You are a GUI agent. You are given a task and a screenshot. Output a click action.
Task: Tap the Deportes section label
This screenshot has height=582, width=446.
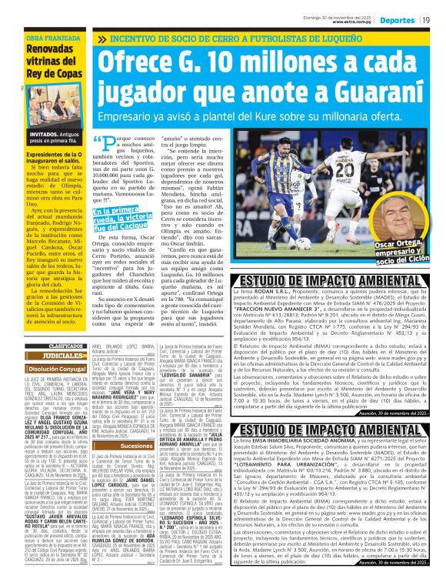[x=398, y=18]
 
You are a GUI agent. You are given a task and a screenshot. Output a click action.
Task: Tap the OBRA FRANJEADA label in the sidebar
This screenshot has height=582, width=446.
[x=50, y=37]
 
